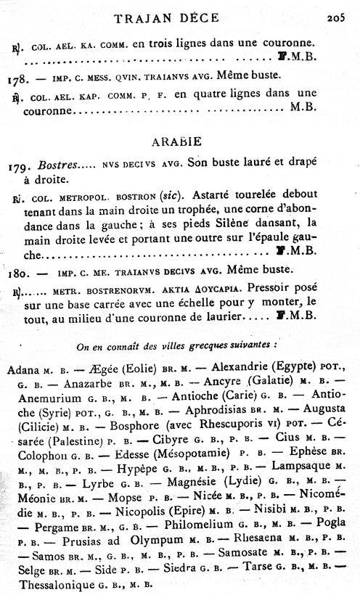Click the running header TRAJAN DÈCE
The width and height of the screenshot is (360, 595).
[x=179, y=19]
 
